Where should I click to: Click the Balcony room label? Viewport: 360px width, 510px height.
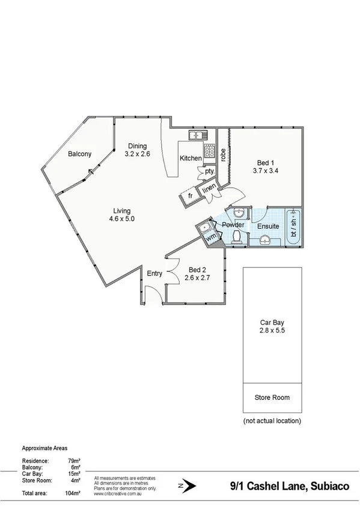(79, 154)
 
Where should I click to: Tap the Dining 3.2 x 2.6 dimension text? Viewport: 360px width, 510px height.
(136, 154)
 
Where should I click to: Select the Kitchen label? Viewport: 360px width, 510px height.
(191, 158)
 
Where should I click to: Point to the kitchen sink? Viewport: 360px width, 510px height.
(197, 135)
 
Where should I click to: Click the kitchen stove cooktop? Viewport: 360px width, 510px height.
(210, 150)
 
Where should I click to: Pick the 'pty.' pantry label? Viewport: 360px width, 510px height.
(209, 171)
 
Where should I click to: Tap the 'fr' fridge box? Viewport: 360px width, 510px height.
(190, 196)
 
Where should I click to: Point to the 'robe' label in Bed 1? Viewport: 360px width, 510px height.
(222, 156)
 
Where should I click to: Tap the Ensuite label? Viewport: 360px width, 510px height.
(268, 226)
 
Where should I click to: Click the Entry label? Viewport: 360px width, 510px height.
(155, 274)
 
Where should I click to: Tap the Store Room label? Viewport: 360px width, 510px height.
(272, 398)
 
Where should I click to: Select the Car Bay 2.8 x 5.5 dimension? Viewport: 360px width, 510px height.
(271, 330)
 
